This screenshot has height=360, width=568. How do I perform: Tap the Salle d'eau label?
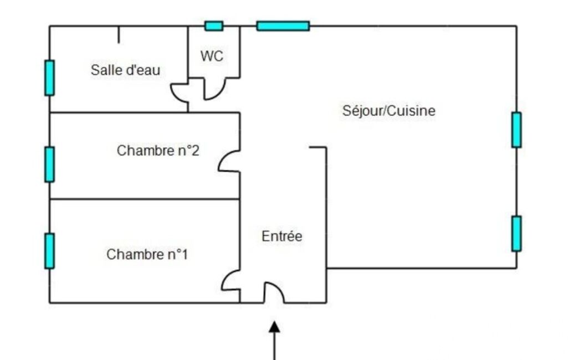point(126,70)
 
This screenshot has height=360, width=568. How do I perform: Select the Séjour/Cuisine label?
point(389,111)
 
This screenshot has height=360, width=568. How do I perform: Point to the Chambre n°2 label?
point(158,151)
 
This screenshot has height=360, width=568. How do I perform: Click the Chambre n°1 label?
point(147,255)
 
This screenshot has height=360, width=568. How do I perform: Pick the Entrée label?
point(282,236)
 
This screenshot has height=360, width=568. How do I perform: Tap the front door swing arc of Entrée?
point(274,292)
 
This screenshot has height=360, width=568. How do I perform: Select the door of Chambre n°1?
point(231,281)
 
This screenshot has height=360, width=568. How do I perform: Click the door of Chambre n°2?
point(228,161)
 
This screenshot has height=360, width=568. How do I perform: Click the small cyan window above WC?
point(214,26)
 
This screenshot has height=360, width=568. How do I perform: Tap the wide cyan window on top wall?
point(283,26)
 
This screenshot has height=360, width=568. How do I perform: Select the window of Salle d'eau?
point(50,78)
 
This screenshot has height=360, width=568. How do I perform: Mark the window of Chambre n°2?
point(50,164)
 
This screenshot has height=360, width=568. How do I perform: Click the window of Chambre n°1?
point(50,251)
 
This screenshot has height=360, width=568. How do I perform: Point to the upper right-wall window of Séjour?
point(516,130)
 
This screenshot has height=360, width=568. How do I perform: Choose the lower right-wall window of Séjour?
point(516,233)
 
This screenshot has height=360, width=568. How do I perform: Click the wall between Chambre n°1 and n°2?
point(144,199)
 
